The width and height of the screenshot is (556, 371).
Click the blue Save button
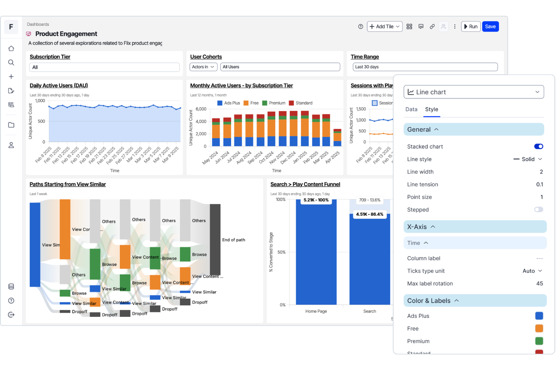[490, 27]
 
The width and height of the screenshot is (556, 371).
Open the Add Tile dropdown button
[384, 27]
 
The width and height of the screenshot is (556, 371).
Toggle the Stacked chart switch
[538, 147]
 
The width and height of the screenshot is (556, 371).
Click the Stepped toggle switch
[538, 210]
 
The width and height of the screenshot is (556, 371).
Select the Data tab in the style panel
[411, 109]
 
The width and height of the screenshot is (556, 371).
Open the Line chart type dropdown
[473, 92]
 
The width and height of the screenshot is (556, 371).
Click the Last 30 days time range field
[425, 67]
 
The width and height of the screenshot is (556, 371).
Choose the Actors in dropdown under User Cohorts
[203, 67]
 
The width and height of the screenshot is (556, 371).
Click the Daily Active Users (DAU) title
[59, 86]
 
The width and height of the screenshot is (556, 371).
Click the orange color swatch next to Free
[539, 329]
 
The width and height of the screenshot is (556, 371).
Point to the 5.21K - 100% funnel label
[316, 200]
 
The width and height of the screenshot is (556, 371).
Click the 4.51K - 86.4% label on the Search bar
[370, 214]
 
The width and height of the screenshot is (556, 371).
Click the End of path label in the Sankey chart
[233, 240]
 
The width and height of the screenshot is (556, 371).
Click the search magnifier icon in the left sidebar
[11, 62]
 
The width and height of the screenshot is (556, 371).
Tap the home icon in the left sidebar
[11, 48]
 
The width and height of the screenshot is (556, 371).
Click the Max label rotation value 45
[539, 284]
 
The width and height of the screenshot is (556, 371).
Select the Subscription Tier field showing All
[104, 67]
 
